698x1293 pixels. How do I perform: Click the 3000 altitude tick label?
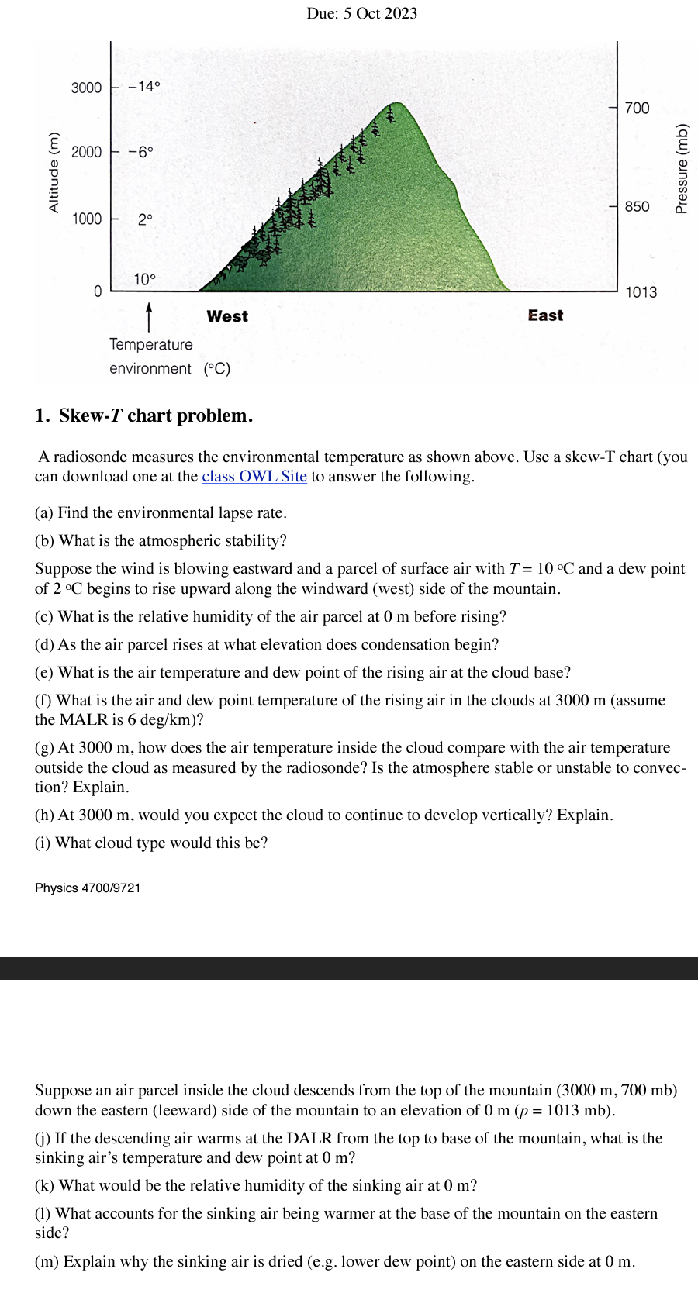point(86,88)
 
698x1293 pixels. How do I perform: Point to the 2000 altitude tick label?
point(86,152)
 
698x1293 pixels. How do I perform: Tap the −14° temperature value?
point(144,86)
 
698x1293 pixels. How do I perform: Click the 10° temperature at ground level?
point(144,279)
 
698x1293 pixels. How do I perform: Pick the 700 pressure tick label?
point(637,108)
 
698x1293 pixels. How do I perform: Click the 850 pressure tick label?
point(637,206)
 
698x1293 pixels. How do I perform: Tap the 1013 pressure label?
point(641,292)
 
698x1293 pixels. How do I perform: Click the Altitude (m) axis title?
point(54,173)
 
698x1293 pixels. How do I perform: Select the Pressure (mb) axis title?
point(682,169)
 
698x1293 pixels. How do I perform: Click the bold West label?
point(227,316)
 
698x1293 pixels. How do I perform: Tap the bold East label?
point(545,315)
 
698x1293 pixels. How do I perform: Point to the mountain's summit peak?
point(397,103)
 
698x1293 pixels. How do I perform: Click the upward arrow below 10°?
point(149,315)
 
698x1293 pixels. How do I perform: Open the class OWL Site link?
point(254,477)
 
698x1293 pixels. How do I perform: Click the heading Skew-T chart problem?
point(155,415)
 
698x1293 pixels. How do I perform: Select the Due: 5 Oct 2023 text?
point(361,13)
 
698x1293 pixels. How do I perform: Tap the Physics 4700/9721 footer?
point(88,888)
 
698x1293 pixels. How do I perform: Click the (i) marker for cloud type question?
point(43,843)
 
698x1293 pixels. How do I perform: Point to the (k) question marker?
point(44,1185)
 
